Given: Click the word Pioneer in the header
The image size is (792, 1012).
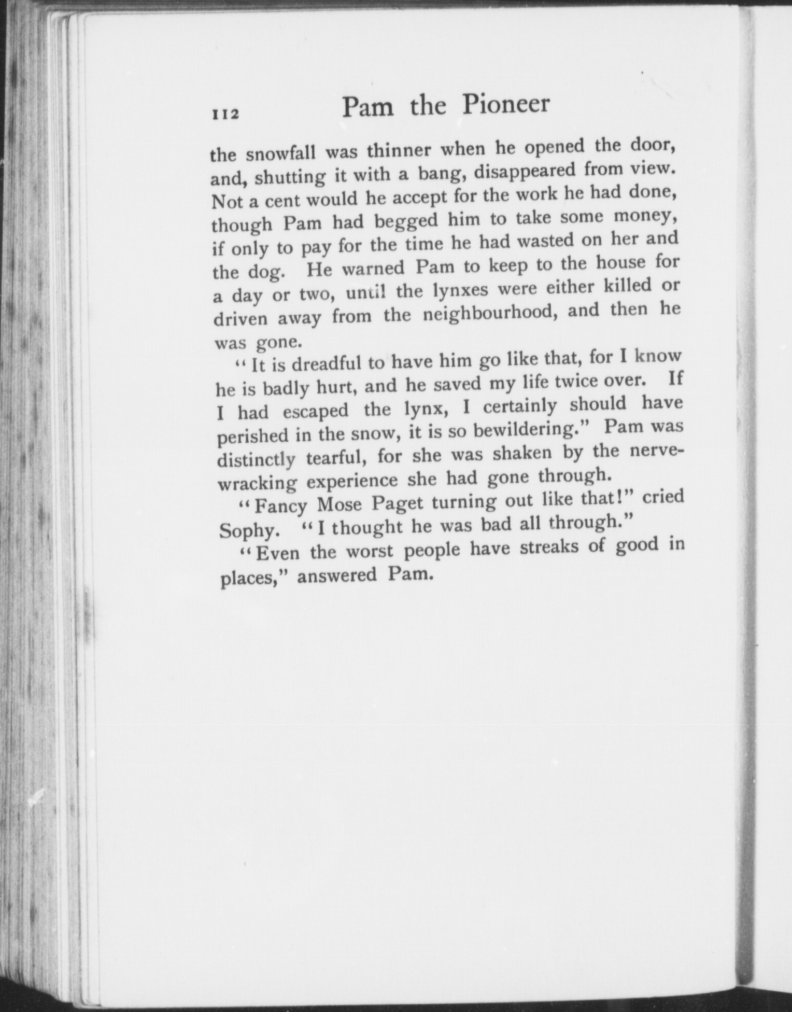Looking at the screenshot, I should coord(505,105).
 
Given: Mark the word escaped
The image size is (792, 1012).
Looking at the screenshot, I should coord(316,411).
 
